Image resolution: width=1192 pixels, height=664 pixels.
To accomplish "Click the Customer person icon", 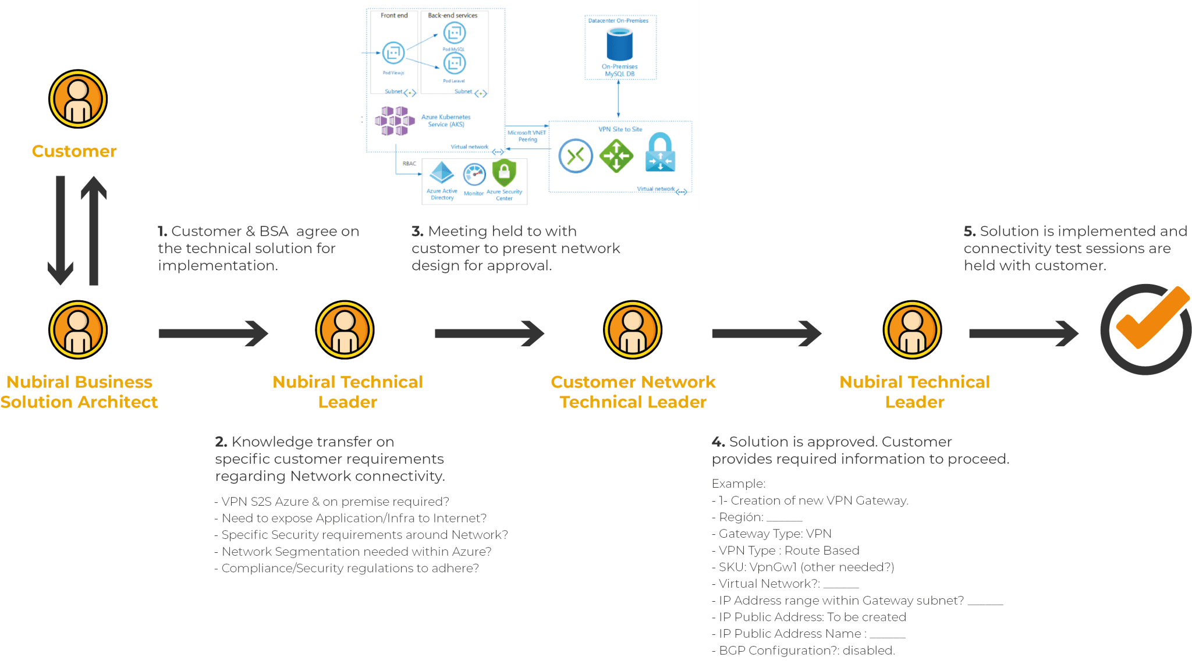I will coord(77,99).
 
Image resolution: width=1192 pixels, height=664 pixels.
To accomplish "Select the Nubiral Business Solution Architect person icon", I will coord(77,330).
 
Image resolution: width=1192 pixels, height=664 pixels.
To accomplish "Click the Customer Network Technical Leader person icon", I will coord(632,330).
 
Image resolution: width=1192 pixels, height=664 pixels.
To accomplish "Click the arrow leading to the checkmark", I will coord(1023,333).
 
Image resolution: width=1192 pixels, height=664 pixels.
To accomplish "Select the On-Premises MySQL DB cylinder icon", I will coord(619,45).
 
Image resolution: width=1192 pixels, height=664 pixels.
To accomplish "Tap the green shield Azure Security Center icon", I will coord(504,173).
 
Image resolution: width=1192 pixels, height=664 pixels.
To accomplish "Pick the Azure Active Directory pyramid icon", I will coord(442,173).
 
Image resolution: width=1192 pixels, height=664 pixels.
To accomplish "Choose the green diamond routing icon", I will coord(616,156).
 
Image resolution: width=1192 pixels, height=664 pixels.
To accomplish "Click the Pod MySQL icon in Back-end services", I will coord(454,33).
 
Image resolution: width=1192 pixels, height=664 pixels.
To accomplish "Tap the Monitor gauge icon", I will coord(474,175).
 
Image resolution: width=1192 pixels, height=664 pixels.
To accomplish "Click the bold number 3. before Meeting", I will coord(417,232).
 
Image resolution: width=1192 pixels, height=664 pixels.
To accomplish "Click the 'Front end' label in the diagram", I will coord(394,16).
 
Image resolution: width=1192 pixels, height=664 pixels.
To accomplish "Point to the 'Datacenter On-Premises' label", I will coord(618,20).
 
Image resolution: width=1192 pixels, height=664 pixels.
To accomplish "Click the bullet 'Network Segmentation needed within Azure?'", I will coord(356,552).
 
